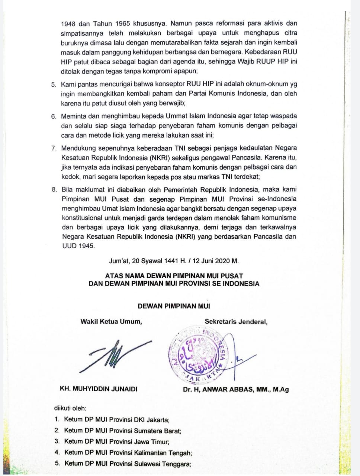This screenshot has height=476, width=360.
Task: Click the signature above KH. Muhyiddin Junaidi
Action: tap(117, 355)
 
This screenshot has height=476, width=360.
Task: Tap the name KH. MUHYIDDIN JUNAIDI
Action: tap(99, 389)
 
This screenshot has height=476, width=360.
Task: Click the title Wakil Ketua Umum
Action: tap(111, 321)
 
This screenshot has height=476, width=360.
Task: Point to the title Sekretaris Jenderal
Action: tap(236, 321)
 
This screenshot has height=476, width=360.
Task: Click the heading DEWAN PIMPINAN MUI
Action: tap(174, 306)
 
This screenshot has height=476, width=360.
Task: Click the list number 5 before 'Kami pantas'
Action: tap(54, 85)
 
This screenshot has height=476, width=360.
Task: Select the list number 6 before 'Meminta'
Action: tap(54, 116)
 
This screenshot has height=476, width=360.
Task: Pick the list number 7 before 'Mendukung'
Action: tap(54, 148)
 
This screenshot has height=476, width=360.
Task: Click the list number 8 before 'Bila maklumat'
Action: tap(54, 189)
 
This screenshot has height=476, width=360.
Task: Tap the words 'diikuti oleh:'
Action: tap(70, 408)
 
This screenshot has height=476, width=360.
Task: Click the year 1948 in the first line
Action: tap(69, 23)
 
